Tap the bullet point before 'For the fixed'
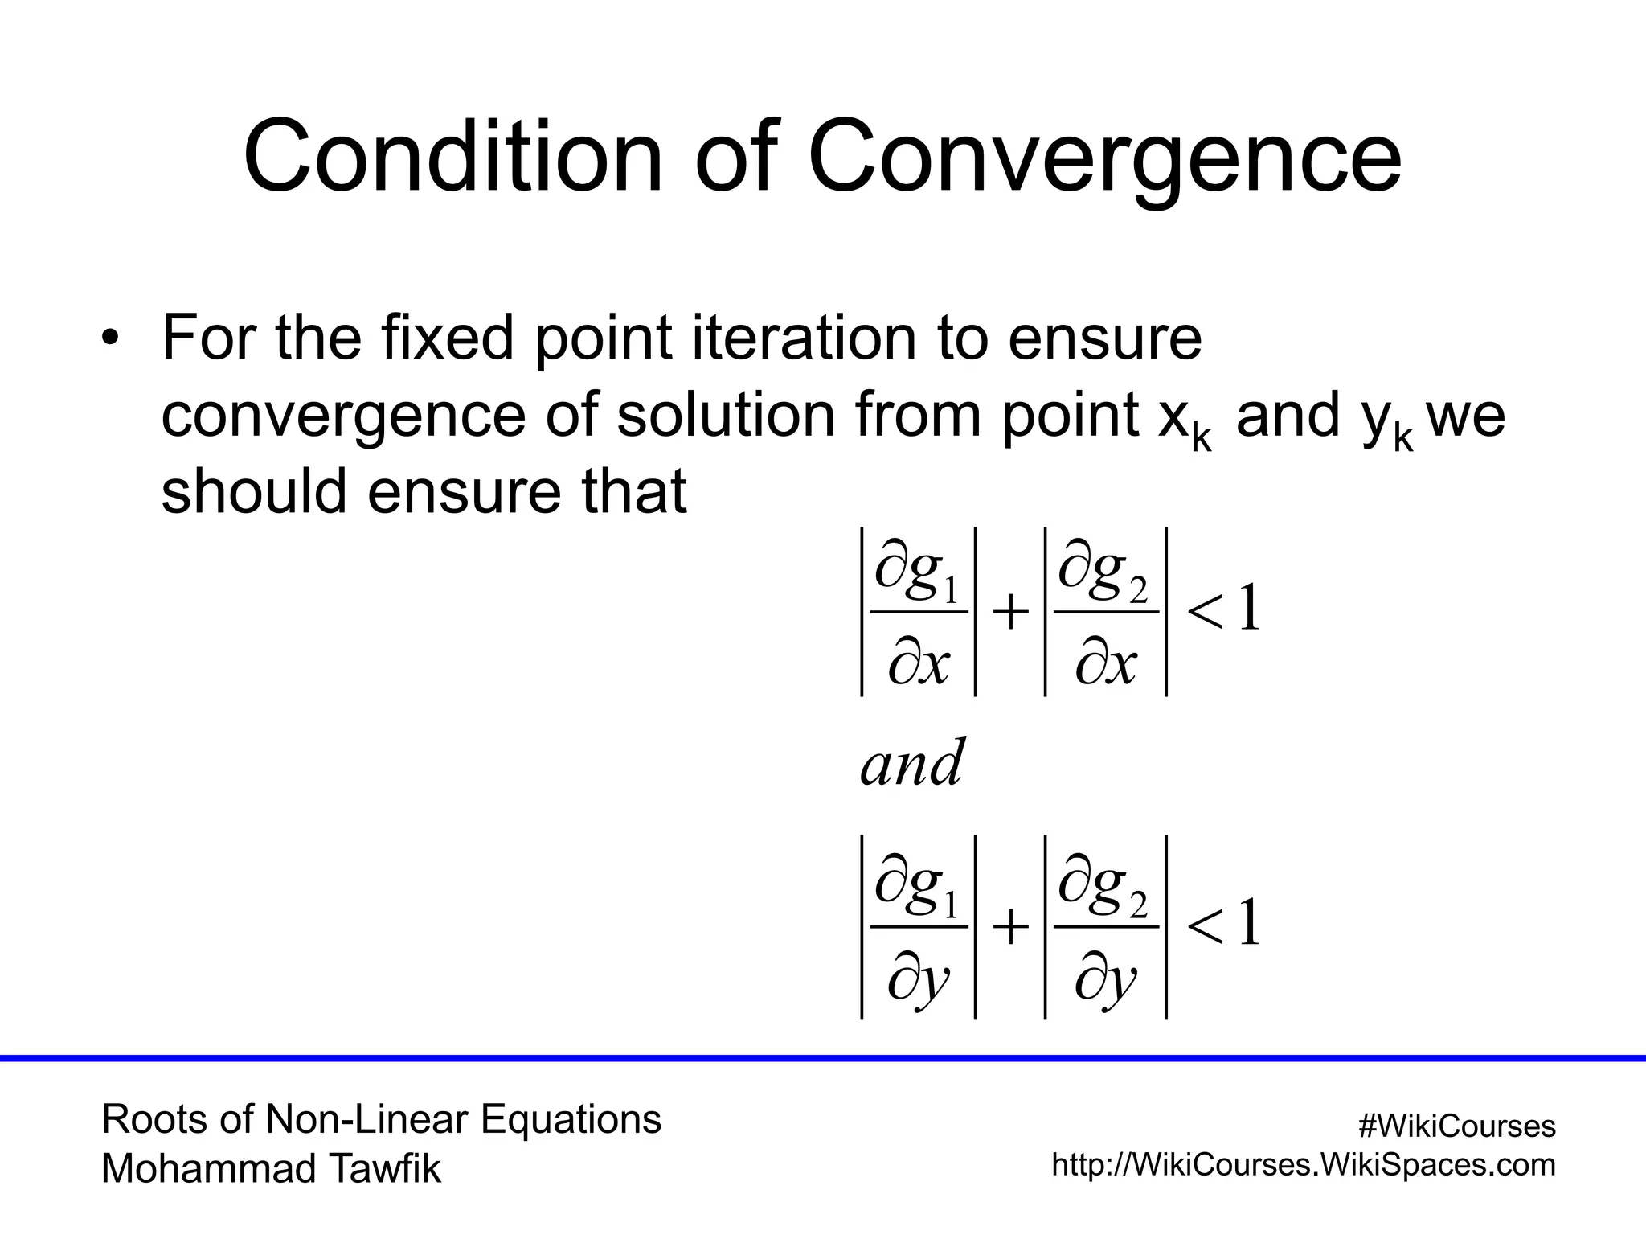coord(110,338)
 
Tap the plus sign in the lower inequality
coord(1010,928)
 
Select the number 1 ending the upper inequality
coord(1248,609)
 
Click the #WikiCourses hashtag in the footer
coord(1456,1126)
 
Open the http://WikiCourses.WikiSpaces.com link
coord(1304,1164)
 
